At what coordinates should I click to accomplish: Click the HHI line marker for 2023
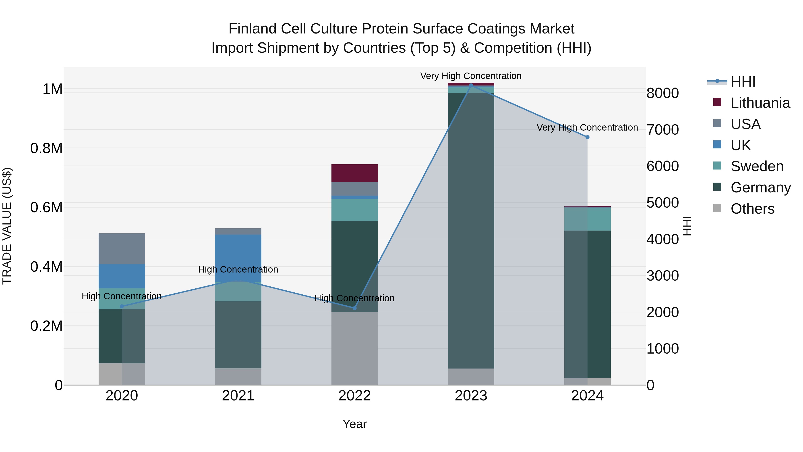[471, 85]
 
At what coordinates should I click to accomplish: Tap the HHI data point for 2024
[587, 137]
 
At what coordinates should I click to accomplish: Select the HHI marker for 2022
[354, 308]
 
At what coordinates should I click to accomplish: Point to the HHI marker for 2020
[122, 306]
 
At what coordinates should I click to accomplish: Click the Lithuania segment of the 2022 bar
[354, 173]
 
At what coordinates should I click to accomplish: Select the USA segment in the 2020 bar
[122, 249]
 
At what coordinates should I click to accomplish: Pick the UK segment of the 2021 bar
[238, 258]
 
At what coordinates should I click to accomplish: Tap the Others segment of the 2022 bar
[354, 348]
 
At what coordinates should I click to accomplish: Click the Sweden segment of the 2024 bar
[587, 219]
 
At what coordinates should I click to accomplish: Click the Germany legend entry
[761, 187]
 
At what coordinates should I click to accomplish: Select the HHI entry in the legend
[743, 82]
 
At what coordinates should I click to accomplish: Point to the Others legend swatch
[717, 208]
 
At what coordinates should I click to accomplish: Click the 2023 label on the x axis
[471, 396]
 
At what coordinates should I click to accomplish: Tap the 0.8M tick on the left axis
[46, 148]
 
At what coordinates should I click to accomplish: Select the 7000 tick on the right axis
[662, 130]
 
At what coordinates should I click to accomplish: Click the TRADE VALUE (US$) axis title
[7, 226]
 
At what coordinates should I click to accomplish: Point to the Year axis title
[354, 424]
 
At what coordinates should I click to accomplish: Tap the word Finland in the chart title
[252, 29]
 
